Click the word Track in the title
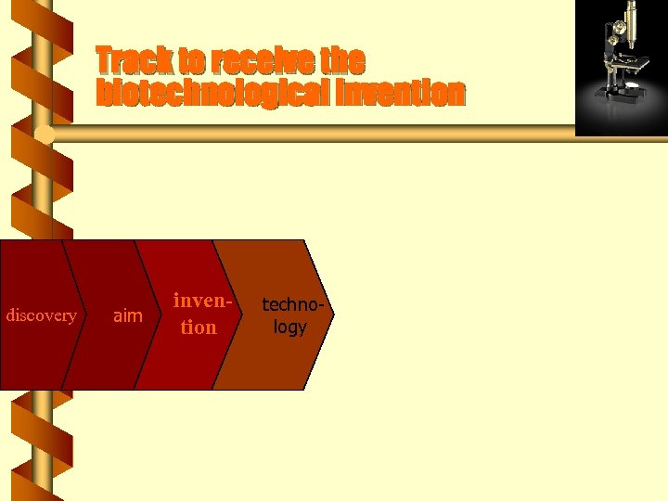point(135,61)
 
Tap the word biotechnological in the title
point(214,94)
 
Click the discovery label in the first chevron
point(41,315)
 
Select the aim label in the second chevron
point(127,316)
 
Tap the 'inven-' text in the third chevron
point(201,302)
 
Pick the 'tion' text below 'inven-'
point(199,328)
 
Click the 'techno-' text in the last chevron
point(290,303)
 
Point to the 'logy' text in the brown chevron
point(289,328)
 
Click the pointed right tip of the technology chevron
point(330,315)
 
